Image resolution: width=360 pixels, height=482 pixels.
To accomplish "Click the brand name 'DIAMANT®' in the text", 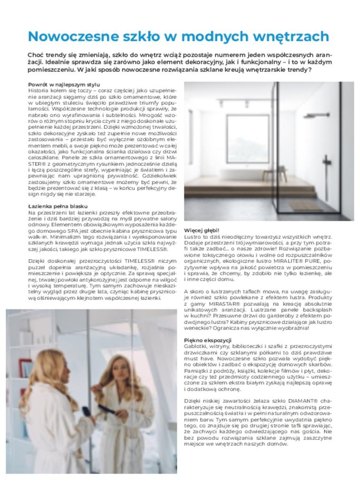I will (300, 401).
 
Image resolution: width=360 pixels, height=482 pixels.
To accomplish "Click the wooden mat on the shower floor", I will (305, 205).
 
